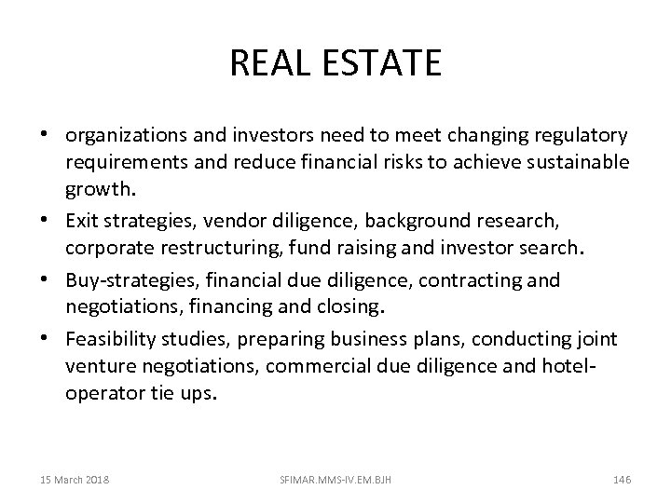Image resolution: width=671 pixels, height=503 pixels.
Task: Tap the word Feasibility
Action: click(x=111, y=337)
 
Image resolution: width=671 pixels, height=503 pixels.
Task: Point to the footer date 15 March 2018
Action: click(x=75, y=480)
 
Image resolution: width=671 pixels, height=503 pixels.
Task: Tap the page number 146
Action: click(x=623, y=480)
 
